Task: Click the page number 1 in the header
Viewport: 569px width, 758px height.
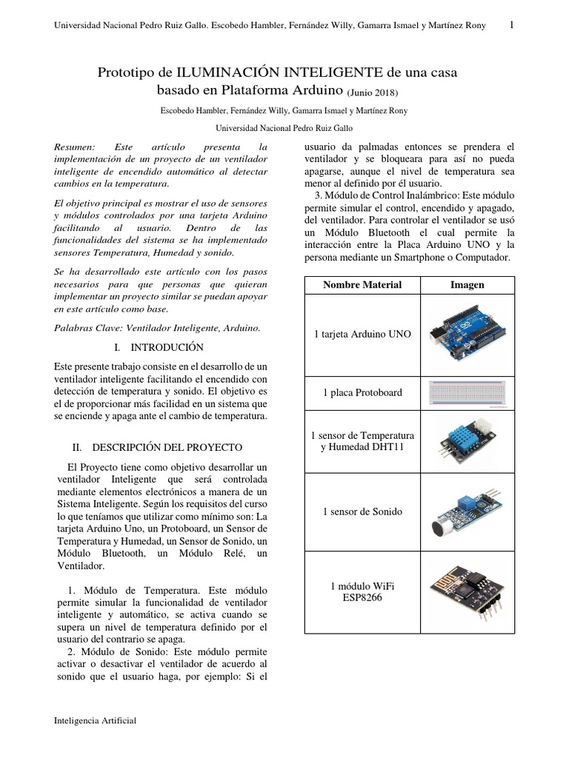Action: tap(512, 25)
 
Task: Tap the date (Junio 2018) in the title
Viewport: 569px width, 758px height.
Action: tap(373, 93)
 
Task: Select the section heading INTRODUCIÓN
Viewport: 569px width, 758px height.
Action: tap(167, 346)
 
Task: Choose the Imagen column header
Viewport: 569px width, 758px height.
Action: tap(467, 285)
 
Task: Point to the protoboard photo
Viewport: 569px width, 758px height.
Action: tap(467, 392)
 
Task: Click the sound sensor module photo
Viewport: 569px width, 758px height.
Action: tap(467, 512)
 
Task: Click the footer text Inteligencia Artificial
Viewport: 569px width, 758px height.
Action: tap(96, 720)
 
